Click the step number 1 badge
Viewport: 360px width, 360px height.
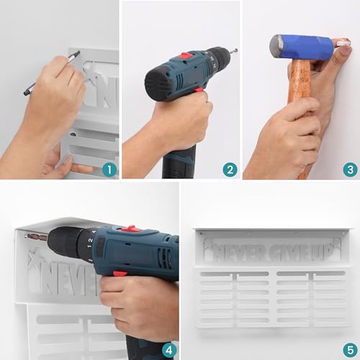pyautogui.click(x=109, y=170)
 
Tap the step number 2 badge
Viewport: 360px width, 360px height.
pyautogui.click(x=230, y=170)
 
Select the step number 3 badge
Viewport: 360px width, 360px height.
pyautogui.click(x=350, y=170)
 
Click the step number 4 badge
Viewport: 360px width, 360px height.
pyautogui.click(x=168, y=351)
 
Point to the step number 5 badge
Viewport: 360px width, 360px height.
pyautogui.click(x=350, y=351)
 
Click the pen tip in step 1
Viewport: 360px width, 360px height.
pyautogui.click(x=78, y=52)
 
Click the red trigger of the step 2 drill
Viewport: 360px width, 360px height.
pyautogui.click(x=198, y=90)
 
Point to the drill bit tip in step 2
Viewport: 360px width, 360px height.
pyautogui.click(x=237, y=50)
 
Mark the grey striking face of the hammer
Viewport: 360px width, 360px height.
pyautogui.click(x=275, y=46)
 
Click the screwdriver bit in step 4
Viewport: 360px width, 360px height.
pyautogui.click(x=37, y=237)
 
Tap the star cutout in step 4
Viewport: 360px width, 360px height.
pyautogui.click(x=37, y=259)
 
